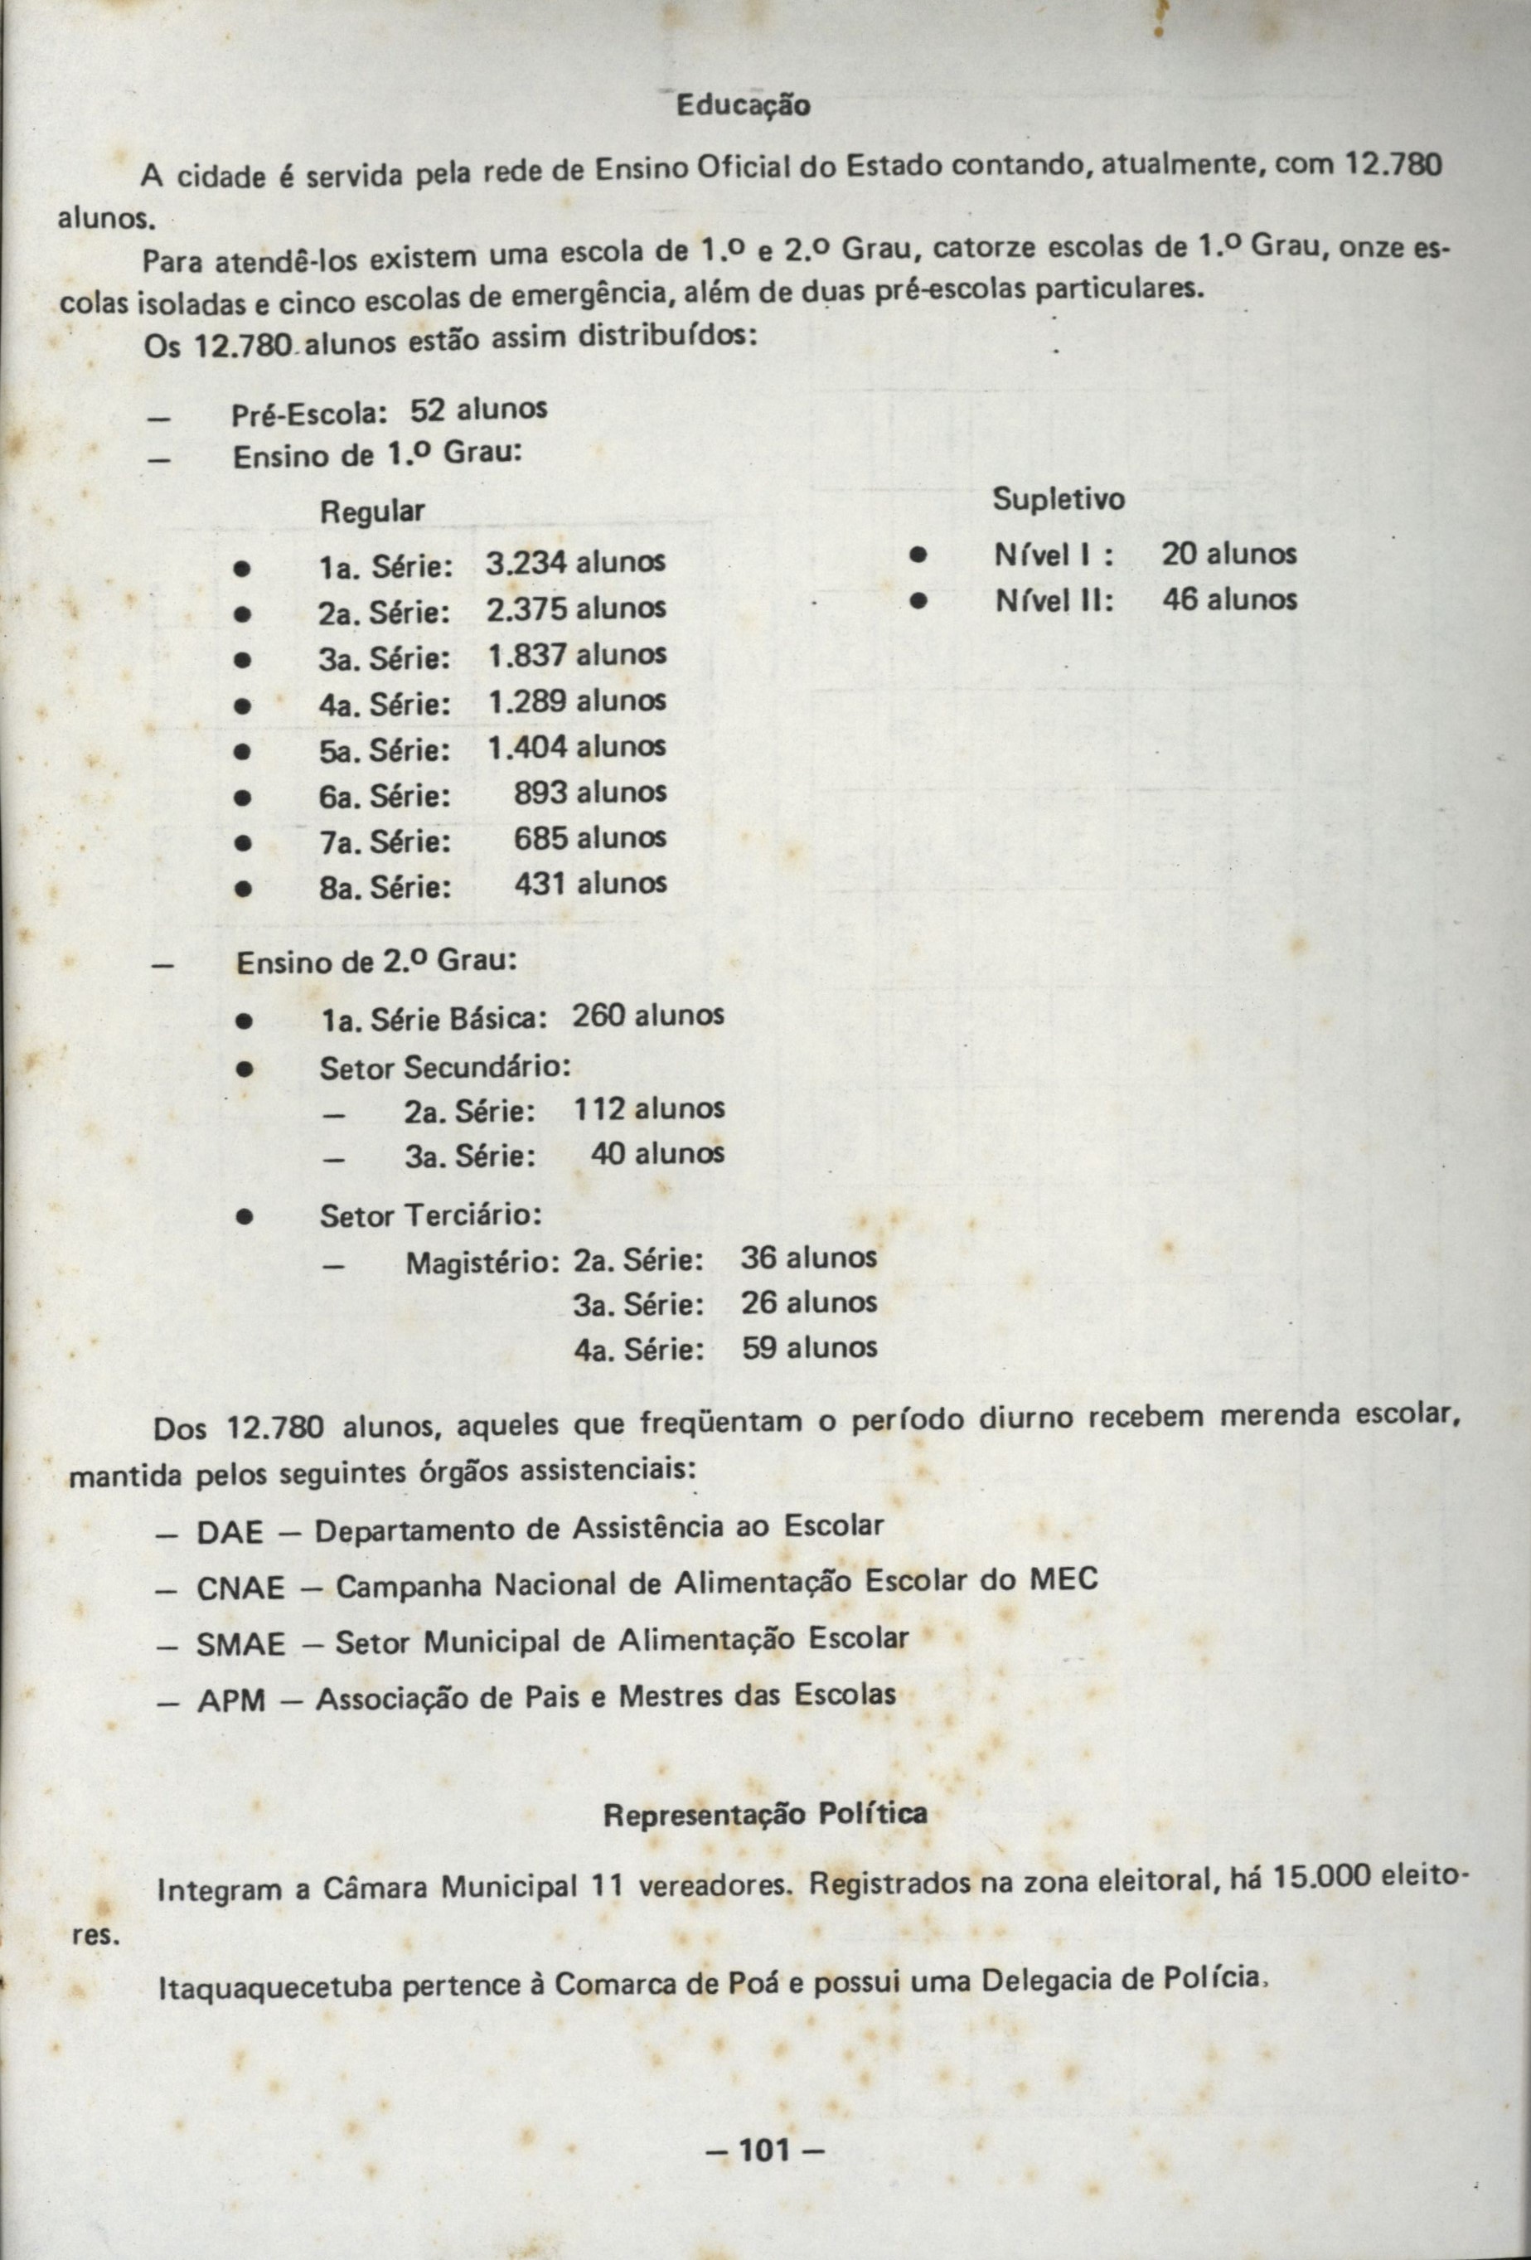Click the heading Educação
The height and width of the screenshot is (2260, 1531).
click(743, 105)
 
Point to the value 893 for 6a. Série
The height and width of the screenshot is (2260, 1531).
click(541, 793)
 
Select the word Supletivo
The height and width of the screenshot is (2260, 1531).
click(1058, 500)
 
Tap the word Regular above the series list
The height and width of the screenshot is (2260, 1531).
click(372, 512)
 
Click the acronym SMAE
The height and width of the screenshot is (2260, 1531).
click(242, 1645)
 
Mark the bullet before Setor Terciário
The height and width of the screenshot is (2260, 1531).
click(247, 1216)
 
